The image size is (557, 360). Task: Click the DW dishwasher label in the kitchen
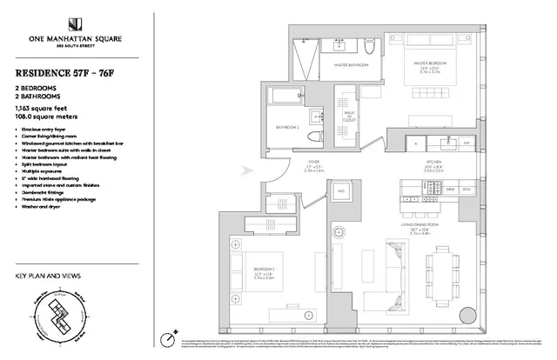click(467, 142)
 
